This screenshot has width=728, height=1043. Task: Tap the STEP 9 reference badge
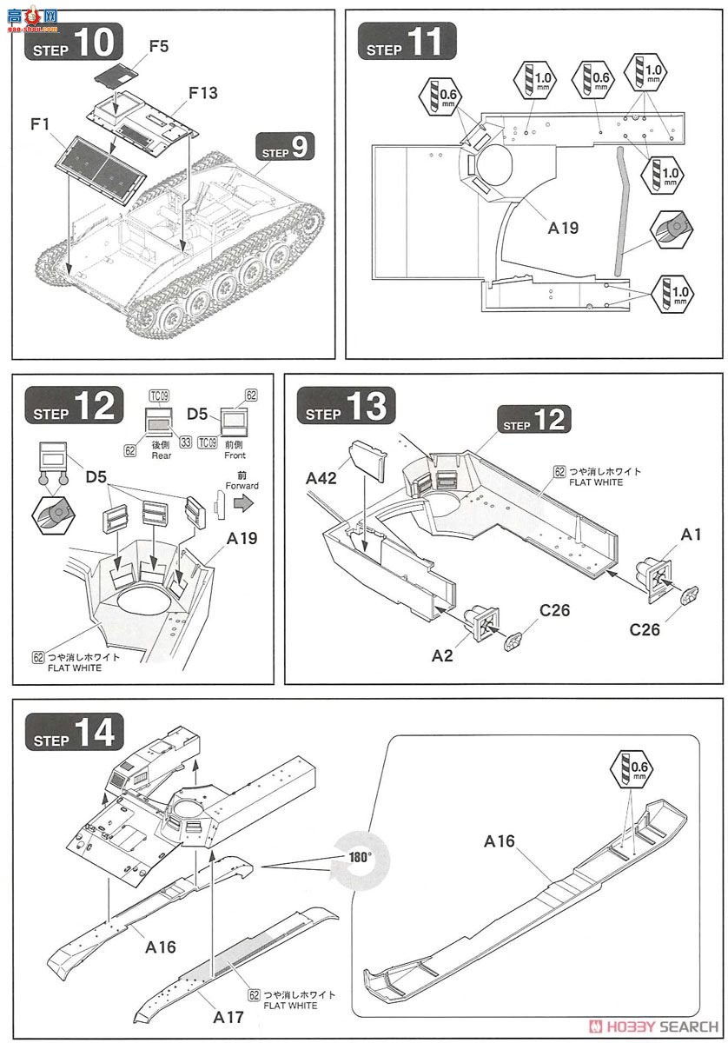[284, 148]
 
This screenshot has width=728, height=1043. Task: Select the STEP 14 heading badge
[74, 735]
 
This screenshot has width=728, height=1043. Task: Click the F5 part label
[158, 45]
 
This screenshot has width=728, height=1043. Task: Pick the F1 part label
[40, 125]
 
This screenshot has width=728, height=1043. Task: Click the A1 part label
[691, 535]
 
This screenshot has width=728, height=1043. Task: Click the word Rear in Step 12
[162, 455]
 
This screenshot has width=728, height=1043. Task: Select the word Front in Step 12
[234, 455]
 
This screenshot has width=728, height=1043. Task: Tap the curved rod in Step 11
[619, 209]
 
